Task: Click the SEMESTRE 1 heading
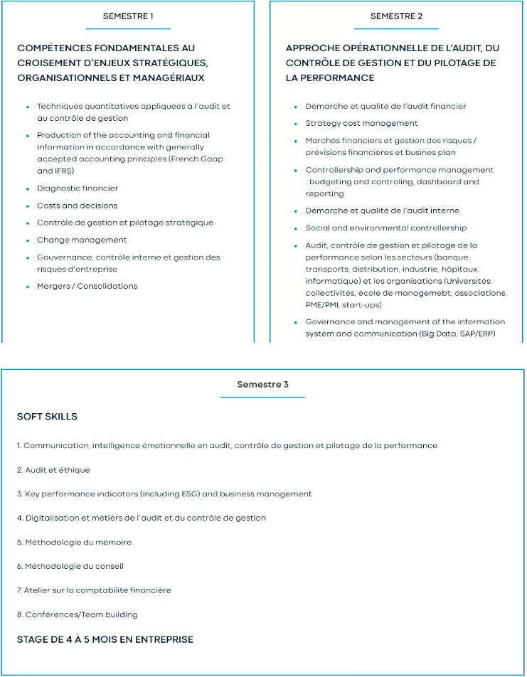pos(128,16)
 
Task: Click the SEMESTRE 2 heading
pos(396,16)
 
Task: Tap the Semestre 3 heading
pos(262,384)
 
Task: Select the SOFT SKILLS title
pos(47,417)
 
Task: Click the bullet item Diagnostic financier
pos(78,188)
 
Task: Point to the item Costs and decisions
pos(77,206)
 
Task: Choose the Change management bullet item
pos(82,240)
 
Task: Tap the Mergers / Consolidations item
pos(87,286)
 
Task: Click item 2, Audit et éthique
pos(53,470)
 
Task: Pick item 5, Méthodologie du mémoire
pos(74,542)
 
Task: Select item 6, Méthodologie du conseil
pos(70,566)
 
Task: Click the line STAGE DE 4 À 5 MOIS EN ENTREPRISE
pos(105,639)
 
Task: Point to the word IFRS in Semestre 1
pos(65,171)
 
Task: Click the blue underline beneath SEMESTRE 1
pos(128,29)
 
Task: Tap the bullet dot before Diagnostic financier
pos(28,189)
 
